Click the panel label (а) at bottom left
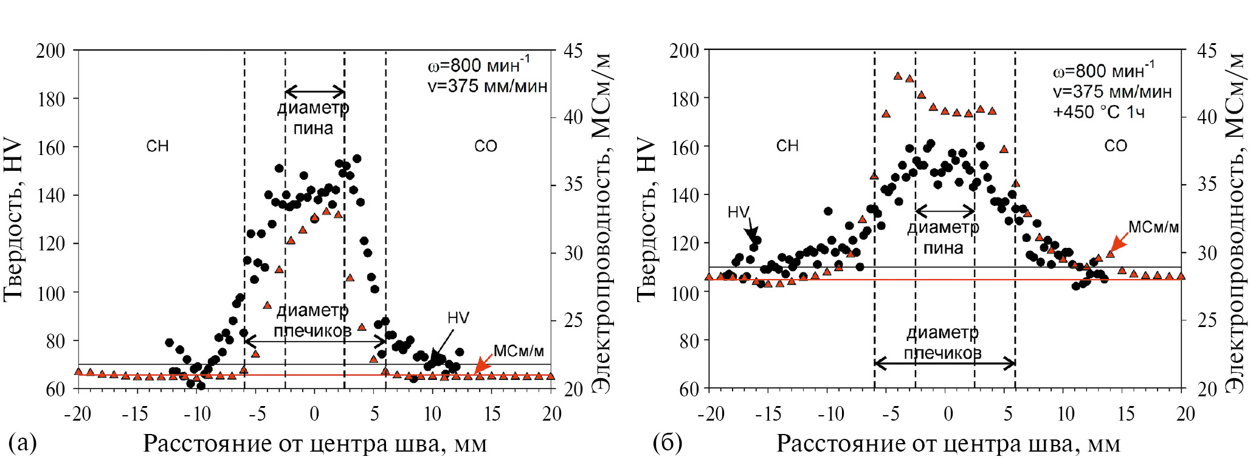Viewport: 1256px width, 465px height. point(23,442)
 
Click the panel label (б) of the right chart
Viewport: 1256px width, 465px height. point(667,442)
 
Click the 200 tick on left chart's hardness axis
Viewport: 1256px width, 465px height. point(50,50)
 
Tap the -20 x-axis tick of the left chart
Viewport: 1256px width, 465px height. point(78,414)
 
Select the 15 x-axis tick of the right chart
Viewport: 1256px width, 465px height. point(1126,414)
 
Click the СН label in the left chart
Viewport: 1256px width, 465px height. point(157,146)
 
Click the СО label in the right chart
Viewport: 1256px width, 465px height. point(1116,146)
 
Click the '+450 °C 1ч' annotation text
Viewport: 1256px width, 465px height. point(1099,112)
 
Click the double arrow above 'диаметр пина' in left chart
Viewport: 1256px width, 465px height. point(315,92)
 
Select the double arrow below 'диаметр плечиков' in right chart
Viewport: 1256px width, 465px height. point(945,364)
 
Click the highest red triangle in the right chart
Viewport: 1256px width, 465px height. point(898,76)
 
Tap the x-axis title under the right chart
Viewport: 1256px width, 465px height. point(948,444)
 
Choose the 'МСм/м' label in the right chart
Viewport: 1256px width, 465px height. point(1153,227)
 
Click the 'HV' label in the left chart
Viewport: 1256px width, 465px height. point(458,318)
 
